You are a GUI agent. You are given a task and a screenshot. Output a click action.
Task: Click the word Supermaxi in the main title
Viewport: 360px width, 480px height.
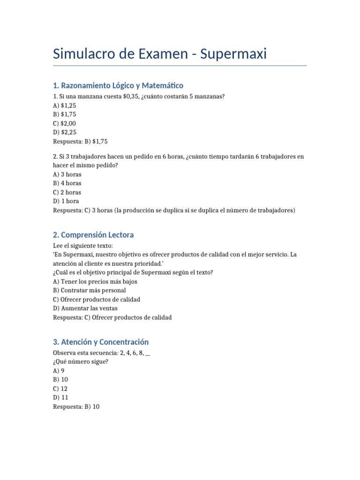click(x=233, y=54)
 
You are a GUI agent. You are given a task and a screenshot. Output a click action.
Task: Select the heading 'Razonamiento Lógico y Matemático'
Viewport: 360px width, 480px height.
click(x=118, y=85)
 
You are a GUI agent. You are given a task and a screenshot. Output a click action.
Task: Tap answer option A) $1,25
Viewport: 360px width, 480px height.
click(x=65, y=105)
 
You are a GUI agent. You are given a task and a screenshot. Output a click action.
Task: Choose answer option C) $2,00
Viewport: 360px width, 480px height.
click(x=65, y=123)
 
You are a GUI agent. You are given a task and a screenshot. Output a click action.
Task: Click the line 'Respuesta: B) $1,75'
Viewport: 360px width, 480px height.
click(x=83, y=141)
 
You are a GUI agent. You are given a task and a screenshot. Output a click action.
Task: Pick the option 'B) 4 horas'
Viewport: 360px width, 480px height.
click(x=67, y=183)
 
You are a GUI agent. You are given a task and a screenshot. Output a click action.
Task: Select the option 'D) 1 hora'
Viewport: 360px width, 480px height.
click(x=66, y=201)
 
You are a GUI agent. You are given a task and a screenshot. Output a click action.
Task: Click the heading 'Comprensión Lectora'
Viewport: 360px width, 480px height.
click(x=93, y=235)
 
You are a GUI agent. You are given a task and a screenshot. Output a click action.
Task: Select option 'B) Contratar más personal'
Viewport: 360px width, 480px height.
click(x=90, y=291)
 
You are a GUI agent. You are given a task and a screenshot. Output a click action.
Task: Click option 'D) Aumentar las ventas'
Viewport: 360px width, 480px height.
click(x=85, y=308)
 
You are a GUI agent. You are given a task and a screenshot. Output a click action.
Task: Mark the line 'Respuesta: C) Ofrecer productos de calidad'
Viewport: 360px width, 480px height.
click(x=112, y=317)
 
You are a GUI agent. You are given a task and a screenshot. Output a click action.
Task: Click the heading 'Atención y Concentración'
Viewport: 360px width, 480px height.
click(x=101, y=342)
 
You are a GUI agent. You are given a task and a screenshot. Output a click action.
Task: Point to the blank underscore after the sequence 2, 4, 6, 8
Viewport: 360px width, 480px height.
click(x=148, y=353)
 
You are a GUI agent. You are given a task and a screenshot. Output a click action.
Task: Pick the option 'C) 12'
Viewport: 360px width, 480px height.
click(x=60, y=389)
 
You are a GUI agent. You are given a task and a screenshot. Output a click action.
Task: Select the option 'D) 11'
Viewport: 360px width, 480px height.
click(x=60, y=397)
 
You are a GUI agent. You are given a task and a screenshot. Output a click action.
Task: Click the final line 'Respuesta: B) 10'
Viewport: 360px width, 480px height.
click(x=76, y=407)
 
